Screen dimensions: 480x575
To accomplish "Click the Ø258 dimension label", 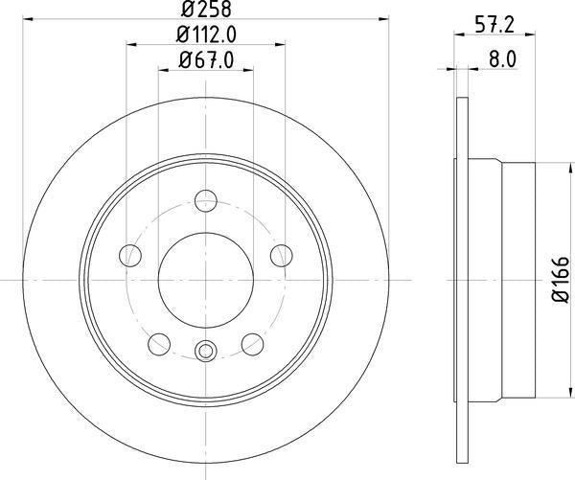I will click(206, 11).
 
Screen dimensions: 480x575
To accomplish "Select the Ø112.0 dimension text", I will click(206, 35).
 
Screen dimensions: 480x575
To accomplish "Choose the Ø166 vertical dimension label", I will click(561, 278).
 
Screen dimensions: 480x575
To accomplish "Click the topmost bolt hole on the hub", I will click(204, 201).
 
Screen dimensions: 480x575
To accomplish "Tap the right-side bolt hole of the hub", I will click(280, 255).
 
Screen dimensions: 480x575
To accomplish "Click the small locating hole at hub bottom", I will click(204, 352).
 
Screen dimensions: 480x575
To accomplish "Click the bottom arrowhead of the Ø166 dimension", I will click(546, 394).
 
